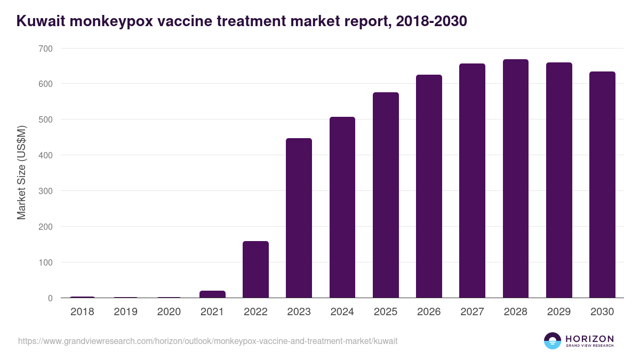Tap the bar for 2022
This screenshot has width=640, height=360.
255,269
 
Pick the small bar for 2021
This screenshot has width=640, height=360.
212,294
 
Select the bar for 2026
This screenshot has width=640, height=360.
429,186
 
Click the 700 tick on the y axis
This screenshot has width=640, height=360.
45,49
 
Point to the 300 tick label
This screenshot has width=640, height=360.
45,191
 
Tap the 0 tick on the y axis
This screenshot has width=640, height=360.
50,298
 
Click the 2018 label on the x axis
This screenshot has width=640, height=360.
82,312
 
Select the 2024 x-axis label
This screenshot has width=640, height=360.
342,312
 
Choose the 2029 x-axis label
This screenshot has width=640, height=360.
559,312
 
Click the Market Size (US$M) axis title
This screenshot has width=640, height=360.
21,173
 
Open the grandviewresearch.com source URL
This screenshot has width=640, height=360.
207,341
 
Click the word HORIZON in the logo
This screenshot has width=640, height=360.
589,338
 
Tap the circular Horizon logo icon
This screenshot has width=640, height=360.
553,341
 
